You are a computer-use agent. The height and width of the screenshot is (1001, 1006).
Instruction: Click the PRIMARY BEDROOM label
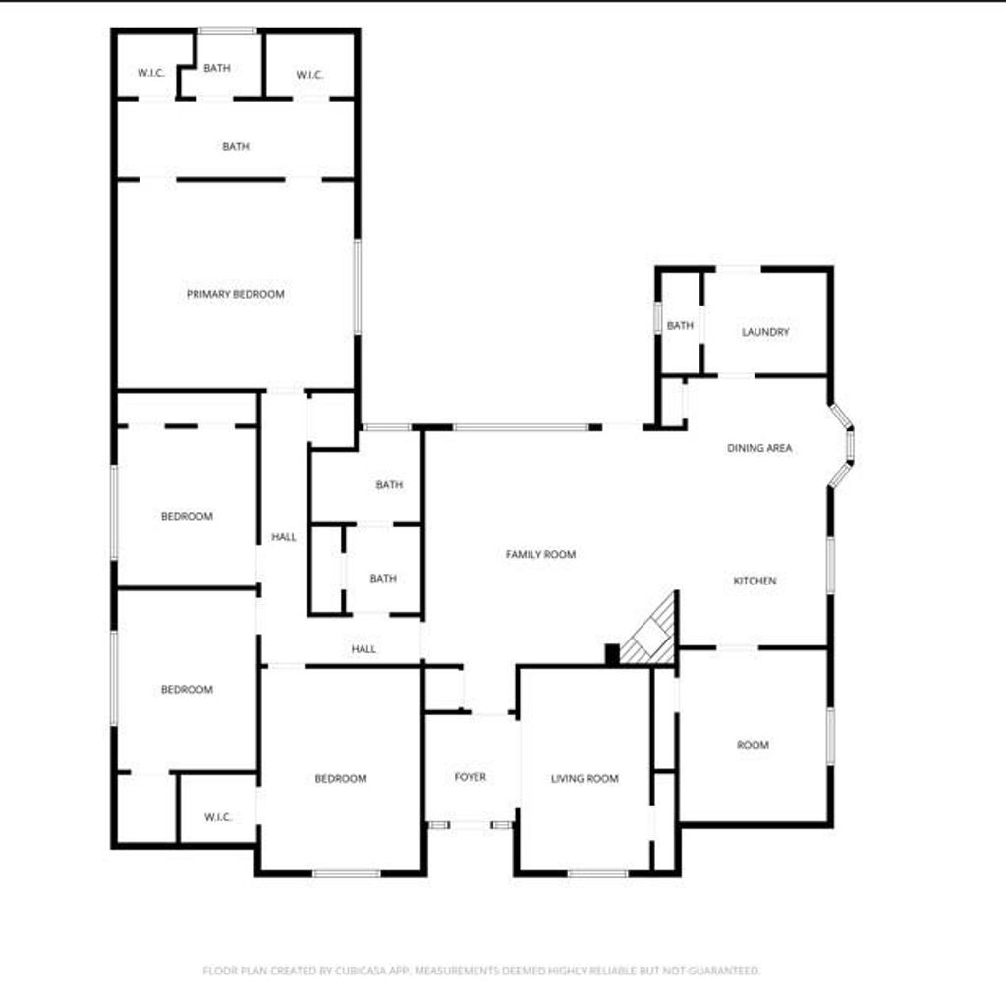pyautogui.click(x=236, y=294)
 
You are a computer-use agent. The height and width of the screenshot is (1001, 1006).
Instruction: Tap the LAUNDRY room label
pyautogui.click(x=765, y=332)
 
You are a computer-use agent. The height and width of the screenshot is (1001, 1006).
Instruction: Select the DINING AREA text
pyautogui.click(x=759, y=448)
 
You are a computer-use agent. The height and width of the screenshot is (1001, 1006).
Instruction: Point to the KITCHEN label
pyautogui.click(x=755, y=581)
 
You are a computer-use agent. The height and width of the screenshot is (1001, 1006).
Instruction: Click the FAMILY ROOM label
pyautogui.click(x=541, y=554)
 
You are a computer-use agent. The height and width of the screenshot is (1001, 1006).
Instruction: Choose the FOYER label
pyautogui.click(x=471, y=777)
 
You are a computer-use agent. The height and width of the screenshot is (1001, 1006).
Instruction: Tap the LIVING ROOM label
pyautogui.click(x=586, y=778)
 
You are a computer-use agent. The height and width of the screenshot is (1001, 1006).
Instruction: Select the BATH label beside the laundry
pyautogui.click(x=680, y=326)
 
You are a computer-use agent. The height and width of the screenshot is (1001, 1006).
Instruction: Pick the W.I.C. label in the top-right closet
pyautogui.click(x=309, y=75)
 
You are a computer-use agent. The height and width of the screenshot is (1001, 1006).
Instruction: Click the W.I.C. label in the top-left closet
pyautogui.click(x=151, y=73)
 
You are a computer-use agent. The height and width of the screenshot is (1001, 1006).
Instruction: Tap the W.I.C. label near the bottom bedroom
pyautogui.click(x=218, y=817)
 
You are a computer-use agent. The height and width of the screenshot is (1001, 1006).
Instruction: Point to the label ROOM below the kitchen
pyautogui.click(x=754, y=745)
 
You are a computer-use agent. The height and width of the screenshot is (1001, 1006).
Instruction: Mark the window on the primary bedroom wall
pyautogui.click(x=358, y=287)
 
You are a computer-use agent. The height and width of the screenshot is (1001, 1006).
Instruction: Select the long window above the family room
pyautogui.click(x=521, y=427)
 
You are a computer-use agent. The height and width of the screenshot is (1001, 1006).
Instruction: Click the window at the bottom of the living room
pyautogui.click(x=598, y=873)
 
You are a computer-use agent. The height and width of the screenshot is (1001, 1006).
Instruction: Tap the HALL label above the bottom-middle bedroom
pyautogui.click(x=363, y=649)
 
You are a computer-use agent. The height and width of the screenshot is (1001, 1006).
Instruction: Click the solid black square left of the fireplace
pyautogui.click(x=613, y=654)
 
